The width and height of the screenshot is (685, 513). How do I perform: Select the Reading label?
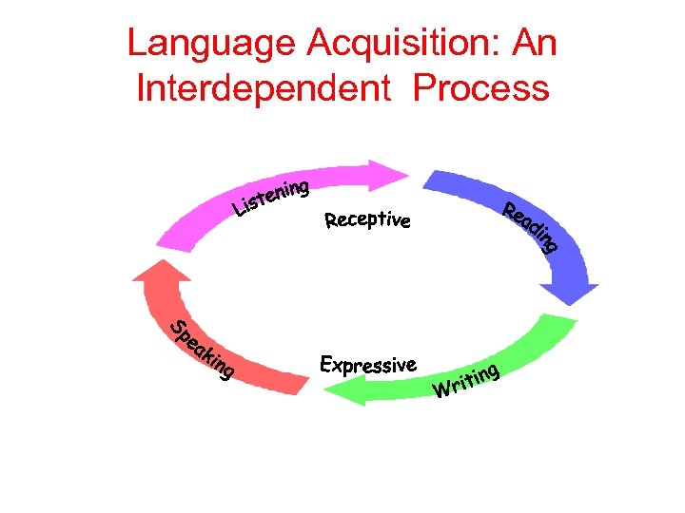(x=529, y=228)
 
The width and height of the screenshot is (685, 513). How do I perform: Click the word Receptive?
(x=367, y=221)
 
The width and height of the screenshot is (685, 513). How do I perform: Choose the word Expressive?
(x=368, y=365)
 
